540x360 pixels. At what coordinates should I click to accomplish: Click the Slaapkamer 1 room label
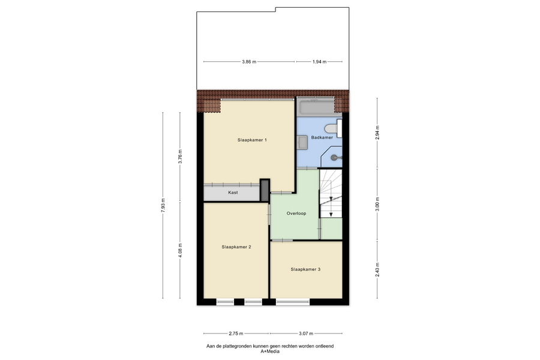click(x=252, y=140)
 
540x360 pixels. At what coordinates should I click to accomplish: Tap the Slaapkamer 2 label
click(x=236, y=247)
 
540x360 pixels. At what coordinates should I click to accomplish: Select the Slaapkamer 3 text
click(x=305, y=269)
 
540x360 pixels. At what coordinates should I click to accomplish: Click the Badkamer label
click(x=322, y=137)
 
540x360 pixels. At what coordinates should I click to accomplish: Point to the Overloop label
click(x=296, y=214)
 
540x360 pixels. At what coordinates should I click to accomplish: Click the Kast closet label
click(x=233, y=193)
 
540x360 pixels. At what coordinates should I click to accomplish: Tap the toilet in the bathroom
click(x=333, y=128)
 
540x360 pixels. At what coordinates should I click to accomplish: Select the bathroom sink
click(x=302, y=143)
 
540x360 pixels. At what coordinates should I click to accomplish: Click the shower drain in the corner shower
click(x=334, y=158)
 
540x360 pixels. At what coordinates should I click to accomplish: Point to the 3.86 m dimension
click(x=249, y=62)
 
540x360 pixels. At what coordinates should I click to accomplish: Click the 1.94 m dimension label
click(x=319, y=62)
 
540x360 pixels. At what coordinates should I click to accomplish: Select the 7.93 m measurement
click(x=163, y=205)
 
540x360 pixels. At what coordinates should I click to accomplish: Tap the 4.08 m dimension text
click(x=180, y=250)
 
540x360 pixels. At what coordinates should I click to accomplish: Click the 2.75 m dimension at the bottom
click(x=236, y=334)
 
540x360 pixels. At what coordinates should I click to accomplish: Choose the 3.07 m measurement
click(x=306, y=334)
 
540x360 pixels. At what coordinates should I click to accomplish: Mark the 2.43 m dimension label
click(x=377, y=270)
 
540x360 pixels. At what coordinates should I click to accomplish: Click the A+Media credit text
click(x=270, y=352)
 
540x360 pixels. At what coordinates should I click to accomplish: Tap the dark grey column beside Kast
click(x=265, y=190)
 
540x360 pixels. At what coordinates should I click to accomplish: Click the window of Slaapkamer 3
click(x=293, y=302)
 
